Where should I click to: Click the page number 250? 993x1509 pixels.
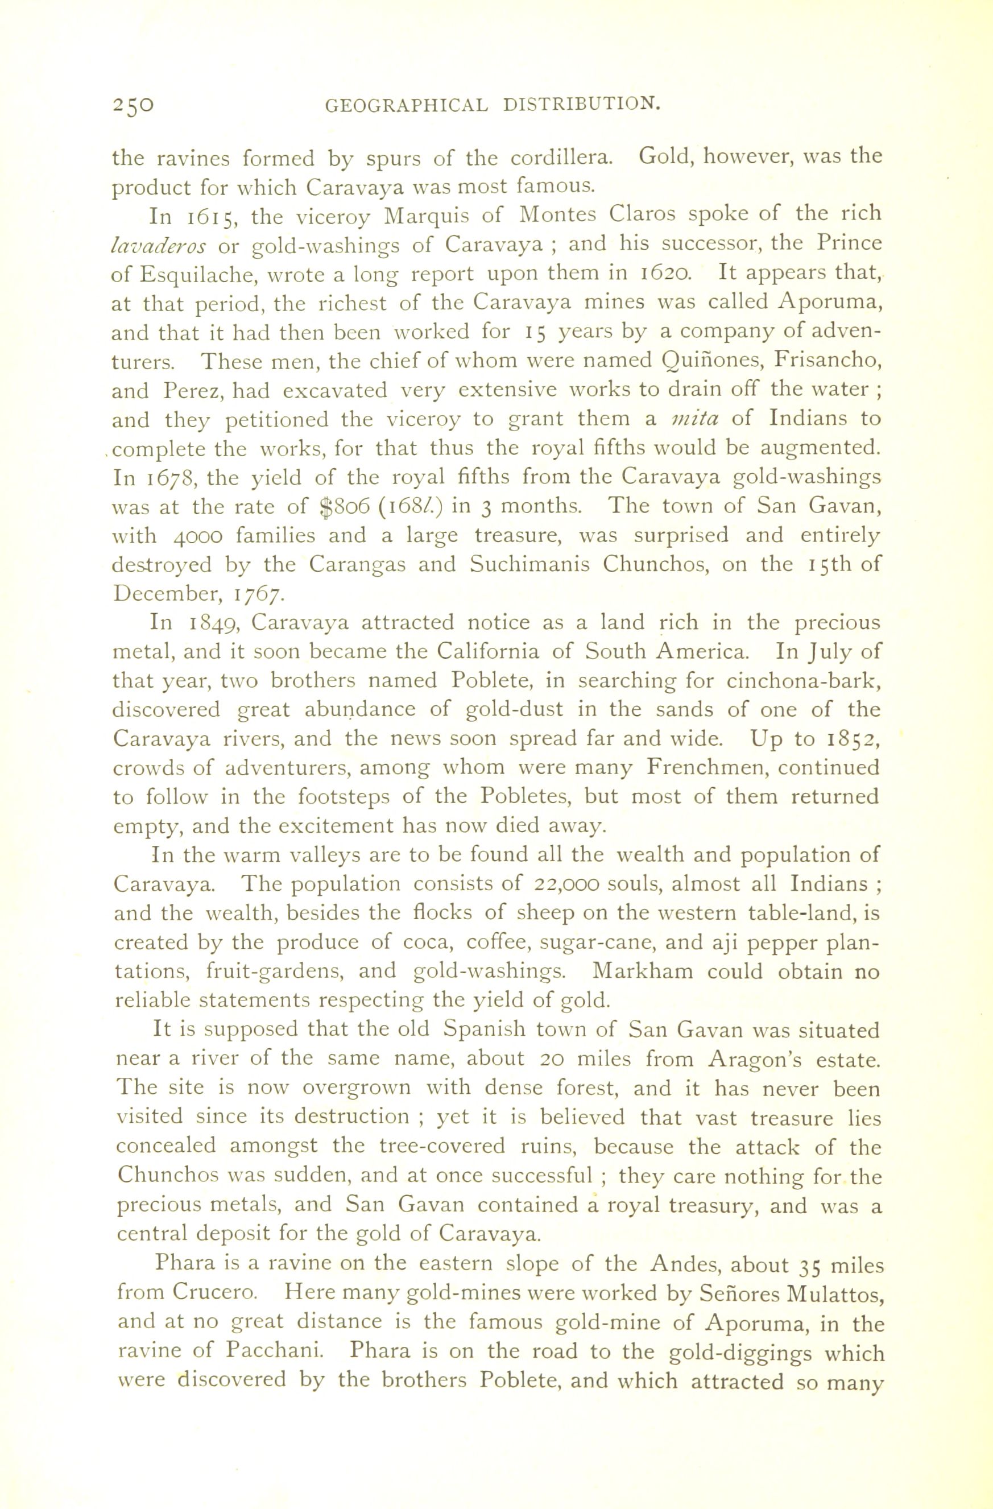click(133, 105)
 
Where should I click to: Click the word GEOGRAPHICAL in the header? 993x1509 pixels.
click(407, 105)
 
